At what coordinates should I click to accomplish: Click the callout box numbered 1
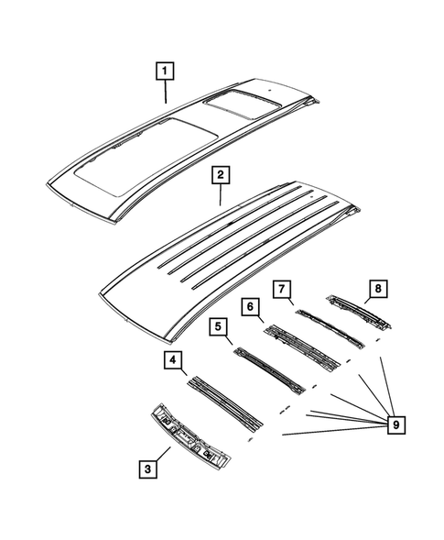tap(165, 69)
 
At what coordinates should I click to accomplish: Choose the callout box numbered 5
tap(217, 326)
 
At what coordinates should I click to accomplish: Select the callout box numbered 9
tap(395, 424)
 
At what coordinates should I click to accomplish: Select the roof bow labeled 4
tap(224, 401)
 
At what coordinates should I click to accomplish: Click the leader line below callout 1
tap(165, 90)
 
